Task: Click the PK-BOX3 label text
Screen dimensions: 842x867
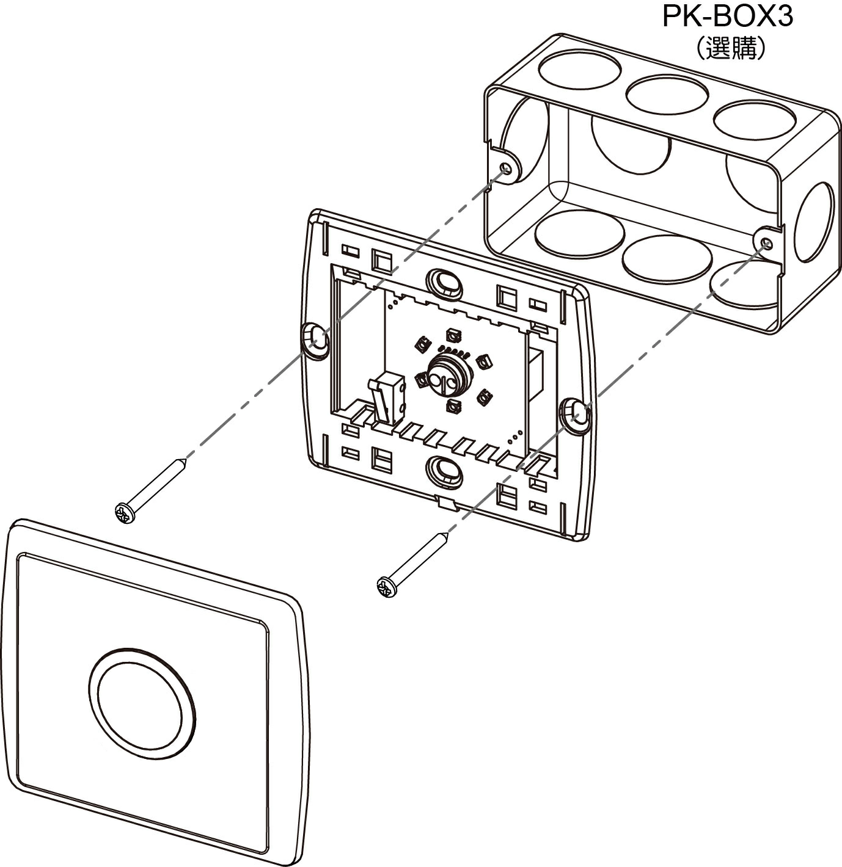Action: (x=727, y=17)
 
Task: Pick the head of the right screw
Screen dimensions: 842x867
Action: (x=387, y=587)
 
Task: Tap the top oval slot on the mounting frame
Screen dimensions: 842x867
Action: (x=444, y=282)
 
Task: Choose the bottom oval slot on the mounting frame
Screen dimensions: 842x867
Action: (x=444, y=471)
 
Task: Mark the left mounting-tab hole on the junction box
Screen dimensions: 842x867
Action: (x=506, y=169)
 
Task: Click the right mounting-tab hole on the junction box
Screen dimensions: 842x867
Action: (x=766, y=243)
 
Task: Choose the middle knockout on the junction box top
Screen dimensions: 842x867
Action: (x=667, y=95)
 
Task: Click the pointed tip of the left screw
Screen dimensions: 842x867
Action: (x=184, y=458)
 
